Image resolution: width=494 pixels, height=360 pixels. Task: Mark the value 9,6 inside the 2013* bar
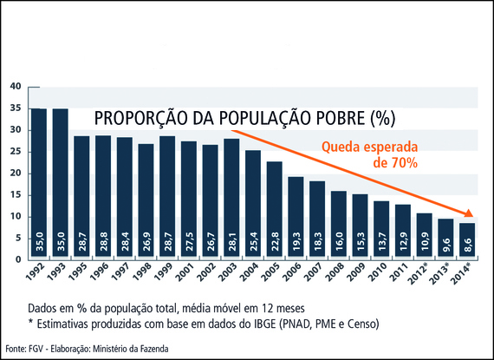445,243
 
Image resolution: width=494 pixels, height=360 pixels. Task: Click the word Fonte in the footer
14,348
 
